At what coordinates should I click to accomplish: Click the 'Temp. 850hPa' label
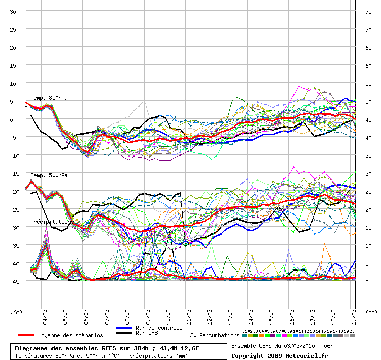49,98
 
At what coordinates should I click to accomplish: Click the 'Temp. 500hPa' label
49,175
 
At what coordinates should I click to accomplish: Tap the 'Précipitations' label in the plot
51,222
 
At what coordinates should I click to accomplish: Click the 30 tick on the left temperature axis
13,11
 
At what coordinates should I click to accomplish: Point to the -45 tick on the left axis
12,281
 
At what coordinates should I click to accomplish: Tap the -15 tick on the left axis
12,173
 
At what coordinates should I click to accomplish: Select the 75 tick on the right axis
368,11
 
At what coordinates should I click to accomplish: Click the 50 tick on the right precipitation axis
368,101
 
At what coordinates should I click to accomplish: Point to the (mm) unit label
370,312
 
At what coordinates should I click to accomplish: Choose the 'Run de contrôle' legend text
159,328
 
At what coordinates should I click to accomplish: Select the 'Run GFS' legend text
147,333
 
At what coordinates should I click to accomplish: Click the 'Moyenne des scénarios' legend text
71,335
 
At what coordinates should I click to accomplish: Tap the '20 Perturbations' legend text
215,335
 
